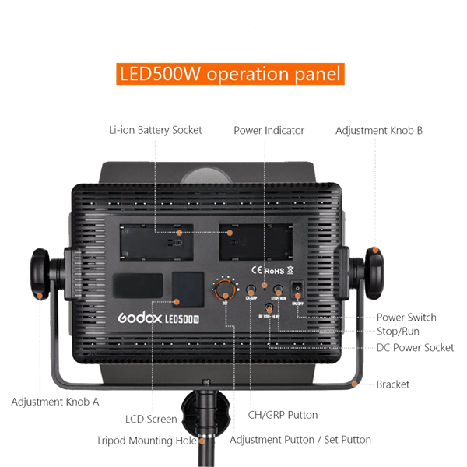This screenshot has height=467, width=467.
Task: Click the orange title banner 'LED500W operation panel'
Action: (x=230, y=75)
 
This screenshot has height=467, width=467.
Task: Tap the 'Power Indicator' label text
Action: (x=269, y=130)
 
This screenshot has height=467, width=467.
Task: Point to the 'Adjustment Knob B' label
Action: (x=379, y=130)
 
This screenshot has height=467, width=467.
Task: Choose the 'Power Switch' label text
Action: (x=406, y=317)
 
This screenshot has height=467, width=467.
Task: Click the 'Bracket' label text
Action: (x=394, y=384)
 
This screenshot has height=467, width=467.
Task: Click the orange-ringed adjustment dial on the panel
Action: (x=224, y=290)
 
